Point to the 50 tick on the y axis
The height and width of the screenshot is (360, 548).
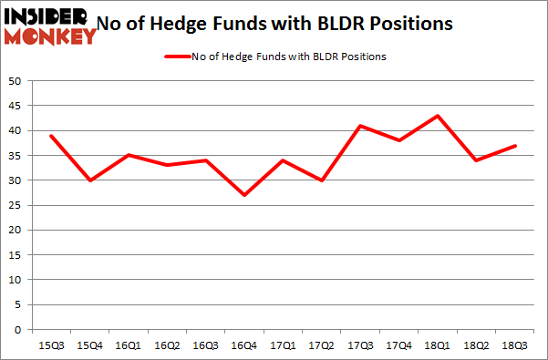pyautogui.click(x=15, y=81)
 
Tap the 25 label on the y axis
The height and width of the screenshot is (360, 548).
pyautogui.click(x=15, y=205)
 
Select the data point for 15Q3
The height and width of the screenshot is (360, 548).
pyautogui.click(x=50, y=136)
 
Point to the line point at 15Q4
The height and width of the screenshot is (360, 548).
pyautogui.click(x=90, y=180)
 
